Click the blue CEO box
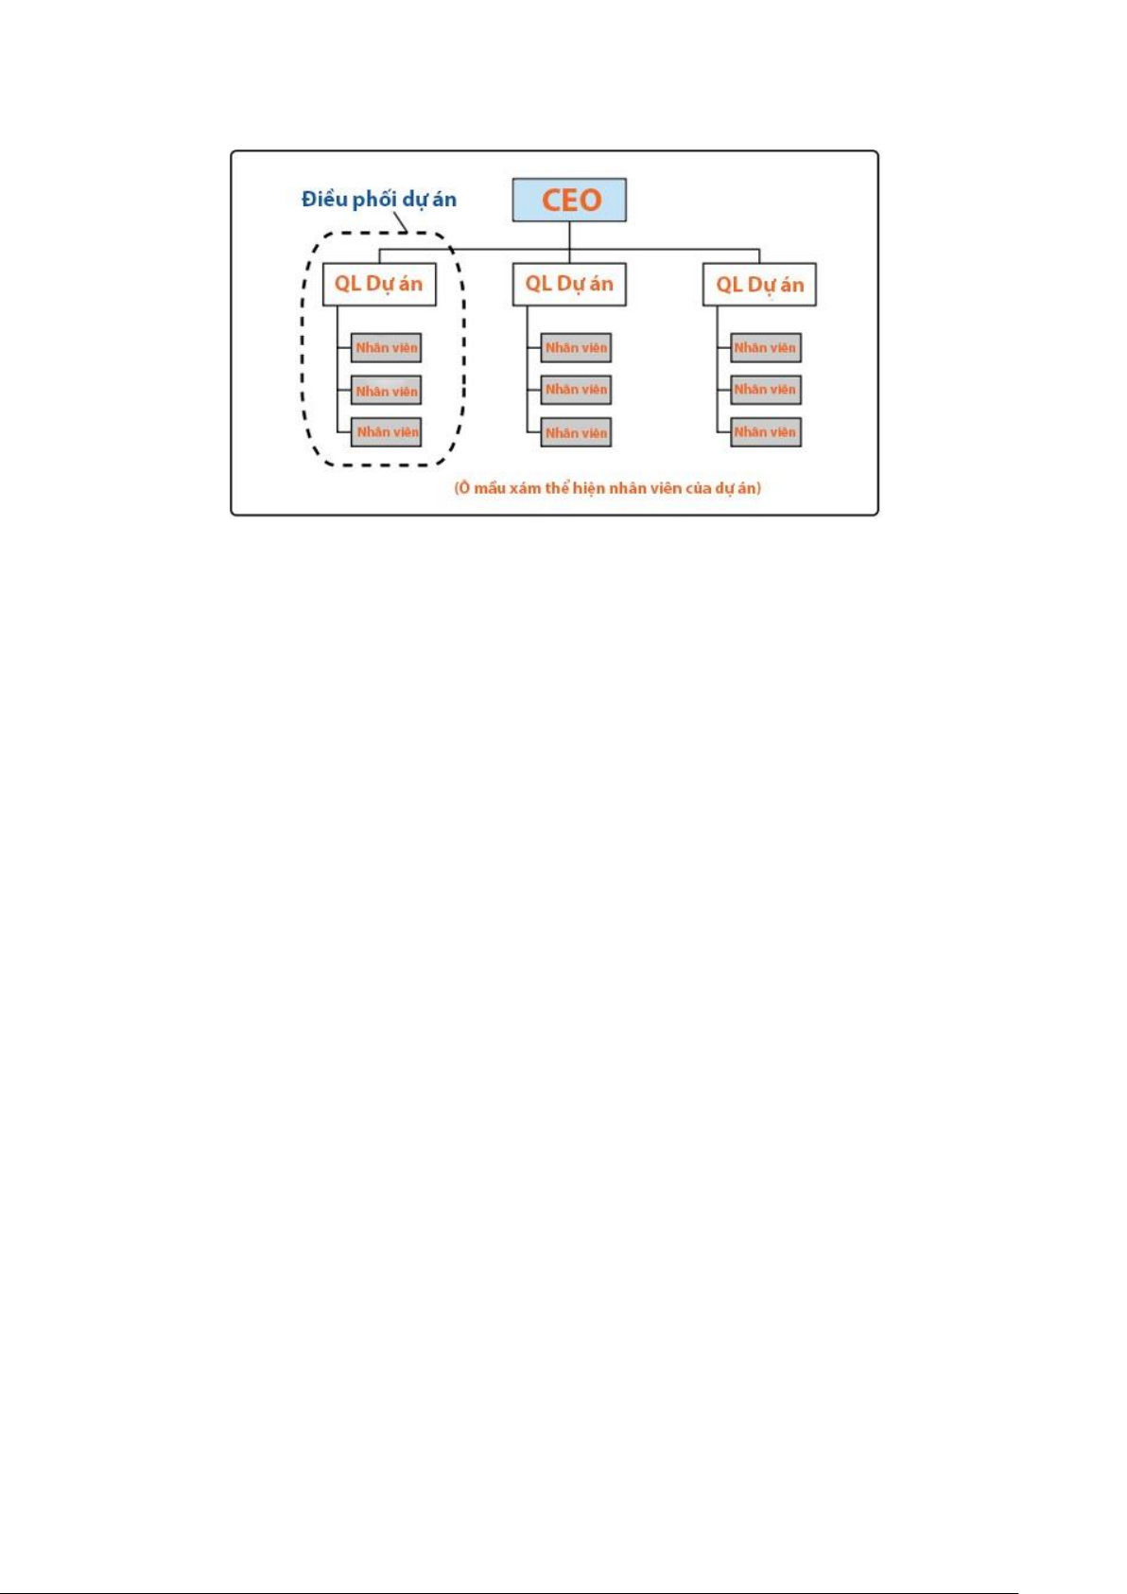click(569, 200)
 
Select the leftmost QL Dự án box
click(379, 285)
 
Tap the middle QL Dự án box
click(569, 285)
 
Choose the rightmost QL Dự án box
click(759, 285)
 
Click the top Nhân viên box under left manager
click(386, 347)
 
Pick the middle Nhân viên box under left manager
click(386, 390)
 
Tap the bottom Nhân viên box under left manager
click(386, 432)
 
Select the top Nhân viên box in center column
click(576, 347)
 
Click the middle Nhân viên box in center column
click(576, 390)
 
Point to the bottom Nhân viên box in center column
click(576, 432)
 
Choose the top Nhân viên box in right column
click(766, 347)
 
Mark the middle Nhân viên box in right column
click(766, 390)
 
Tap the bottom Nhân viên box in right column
click(766, 432)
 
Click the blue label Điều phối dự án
click(379, 200)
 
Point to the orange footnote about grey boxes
click(608, 488)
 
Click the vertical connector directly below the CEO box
click(569, 236)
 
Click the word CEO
click(572, 200)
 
